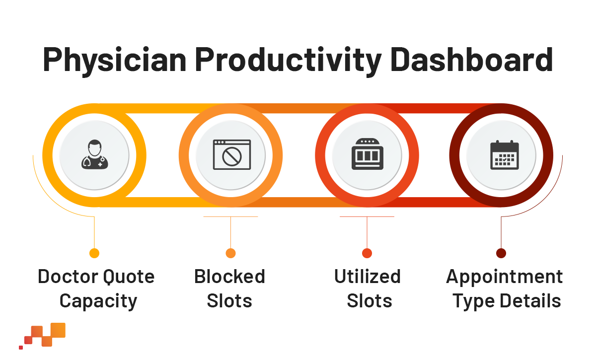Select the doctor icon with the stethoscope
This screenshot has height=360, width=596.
coord(94,154)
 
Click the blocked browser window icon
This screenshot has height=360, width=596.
coord(231,154)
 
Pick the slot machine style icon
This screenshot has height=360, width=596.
coord(368,154)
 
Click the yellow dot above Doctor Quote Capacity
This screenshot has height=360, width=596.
coord(94,253)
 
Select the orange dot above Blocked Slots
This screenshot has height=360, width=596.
coord(230,253)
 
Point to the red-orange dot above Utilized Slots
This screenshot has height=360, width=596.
coord(367,253)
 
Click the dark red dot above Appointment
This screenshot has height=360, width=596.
coord(501,253)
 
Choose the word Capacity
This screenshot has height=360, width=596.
coord(98,301)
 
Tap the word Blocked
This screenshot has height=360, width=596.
coord(229,277)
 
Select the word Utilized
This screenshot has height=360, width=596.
coord(367,277)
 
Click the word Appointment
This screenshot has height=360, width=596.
coord(504,277)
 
